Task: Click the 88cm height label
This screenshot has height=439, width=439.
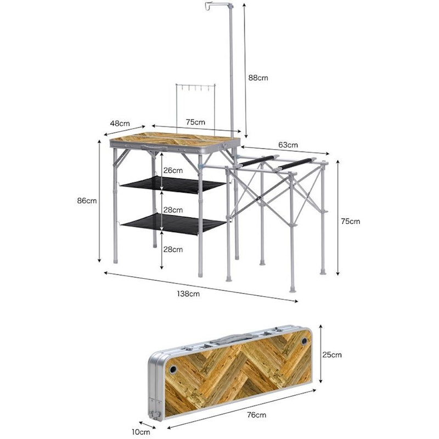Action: click(258, 78)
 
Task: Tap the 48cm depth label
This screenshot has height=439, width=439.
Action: click(120, 123)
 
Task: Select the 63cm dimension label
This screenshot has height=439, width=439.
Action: click(288, 145)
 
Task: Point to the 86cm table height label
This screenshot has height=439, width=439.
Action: click(87, 201)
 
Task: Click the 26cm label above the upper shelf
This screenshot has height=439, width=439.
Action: click(173, 171)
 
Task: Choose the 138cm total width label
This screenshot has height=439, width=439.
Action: click(188, 294)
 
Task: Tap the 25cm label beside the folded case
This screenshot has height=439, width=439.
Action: click(332, 354)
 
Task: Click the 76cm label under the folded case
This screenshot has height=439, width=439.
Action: click(256, 415)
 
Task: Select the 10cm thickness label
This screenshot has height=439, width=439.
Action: click(140, 432)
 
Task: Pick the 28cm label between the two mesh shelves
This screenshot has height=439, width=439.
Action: click(173, 210)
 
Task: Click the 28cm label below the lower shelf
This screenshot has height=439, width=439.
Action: click(173, 250)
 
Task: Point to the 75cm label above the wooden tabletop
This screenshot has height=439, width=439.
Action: click(195, 122)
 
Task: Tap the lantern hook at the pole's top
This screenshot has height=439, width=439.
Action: click(209, 5)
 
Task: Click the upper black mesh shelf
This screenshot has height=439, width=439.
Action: click(173, 185)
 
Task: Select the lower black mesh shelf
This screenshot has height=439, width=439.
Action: click(173, 223)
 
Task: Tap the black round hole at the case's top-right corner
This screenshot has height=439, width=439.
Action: click(304, 341)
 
